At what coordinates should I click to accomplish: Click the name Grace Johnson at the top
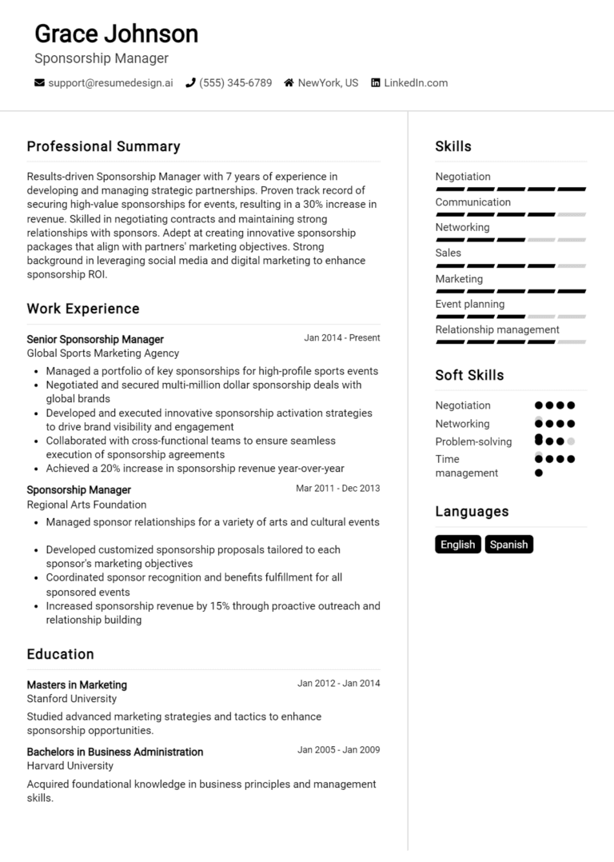116,34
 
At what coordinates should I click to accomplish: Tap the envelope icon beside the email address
39,82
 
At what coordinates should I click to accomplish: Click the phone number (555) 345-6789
235,82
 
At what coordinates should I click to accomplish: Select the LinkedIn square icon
375,82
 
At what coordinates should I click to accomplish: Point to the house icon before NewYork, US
289,82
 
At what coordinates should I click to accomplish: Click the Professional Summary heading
103,146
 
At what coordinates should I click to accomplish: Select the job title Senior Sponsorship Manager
95,339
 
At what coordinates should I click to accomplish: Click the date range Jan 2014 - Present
341,338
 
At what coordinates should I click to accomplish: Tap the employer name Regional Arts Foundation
86,505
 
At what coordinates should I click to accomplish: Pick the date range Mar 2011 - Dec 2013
337,489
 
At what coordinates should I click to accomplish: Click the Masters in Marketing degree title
77,684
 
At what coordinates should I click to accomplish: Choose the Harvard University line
70,766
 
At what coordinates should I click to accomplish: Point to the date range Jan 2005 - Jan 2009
338,750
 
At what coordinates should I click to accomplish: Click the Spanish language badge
508,545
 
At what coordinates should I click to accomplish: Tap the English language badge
457,545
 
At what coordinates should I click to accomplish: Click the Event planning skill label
469,304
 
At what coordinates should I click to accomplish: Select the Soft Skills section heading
469,375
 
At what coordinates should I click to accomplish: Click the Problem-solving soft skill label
473,441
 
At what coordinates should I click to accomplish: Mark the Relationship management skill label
496,329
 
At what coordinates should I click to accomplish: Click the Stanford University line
71,699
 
